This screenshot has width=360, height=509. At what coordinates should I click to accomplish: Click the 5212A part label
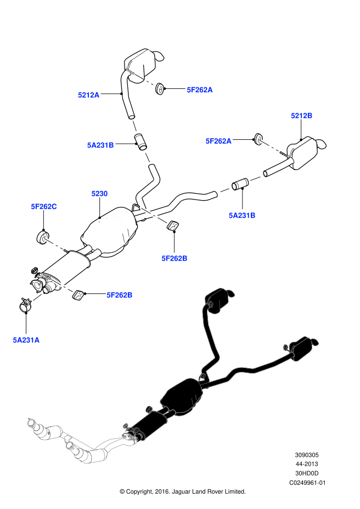88,95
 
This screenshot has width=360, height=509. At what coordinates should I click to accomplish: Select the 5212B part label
301,116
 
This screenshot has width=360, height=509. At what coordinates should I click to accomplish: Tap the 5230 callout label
99,194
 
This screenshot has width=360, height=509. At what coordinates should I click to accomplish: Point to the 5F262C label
44,207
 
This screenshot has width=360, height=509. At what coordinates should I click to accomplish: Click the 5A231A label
26,340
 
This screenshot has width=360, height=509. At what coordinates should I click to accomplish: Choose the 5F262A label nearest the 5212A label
199,89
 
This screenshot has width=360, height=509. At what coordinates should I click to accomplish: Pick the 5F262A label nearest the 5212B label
218,141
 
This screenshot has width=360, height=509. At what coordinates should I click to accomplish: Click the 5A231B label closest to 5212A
100,145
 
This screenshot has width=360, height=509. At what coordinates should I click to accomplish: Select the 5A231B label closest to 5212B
242,215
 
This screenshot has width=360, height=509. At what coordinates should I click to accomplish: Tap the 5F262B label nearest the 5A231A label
120,295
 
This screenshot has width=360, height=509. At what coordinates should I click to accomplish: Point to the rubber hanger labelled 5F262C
42,237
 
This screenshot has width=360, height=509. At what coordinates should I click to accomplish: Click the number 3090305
307,455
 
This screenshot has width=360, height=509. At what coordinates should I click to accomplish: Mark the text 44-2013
307,464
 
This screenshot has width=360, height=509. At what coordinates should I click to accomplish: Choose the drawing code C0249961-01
307,482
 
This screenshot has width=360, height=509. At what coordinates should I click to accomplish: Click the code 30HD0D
307,473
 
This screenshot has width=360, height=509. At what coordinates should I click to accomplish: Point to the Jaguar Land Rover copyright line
182,491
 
